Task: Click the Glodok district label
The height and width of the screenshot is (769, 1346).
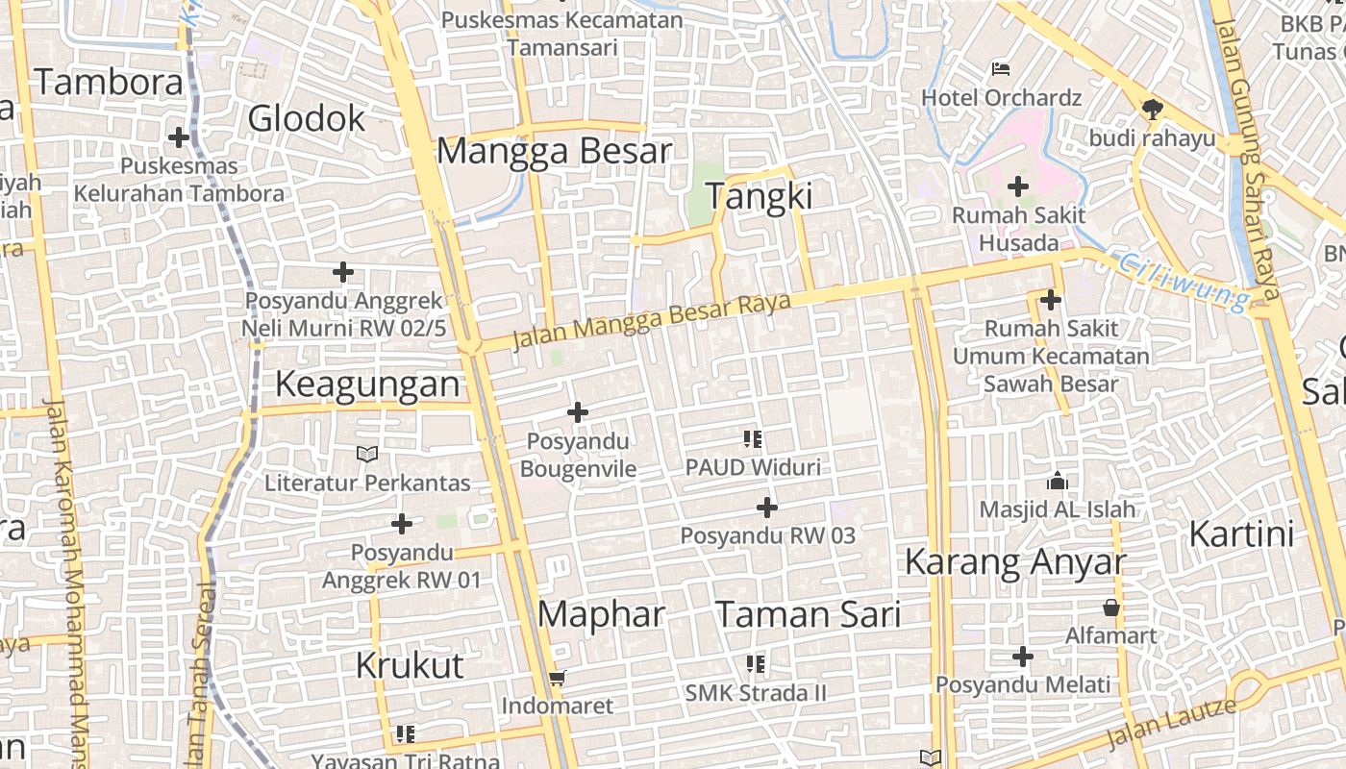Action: click(307, 118)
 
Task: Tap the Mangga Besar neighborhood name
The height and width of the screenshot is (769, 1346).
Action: click(554, 151)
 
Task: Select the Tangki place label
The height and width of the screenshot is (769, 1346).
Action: click(760, 196)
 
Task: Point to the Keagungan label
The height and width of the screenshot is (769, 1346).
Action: click(367, 384)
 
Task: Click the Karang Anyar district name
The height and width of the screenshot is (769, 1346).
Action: click(1014, 561)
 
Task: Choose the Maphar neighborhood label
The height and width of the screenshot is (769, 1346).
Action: click(601, 614)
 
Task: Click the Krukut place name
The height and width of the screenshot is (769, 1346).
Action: click(410, 665)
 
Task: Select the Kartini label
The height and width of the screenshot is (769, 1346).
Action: click(1241, 533)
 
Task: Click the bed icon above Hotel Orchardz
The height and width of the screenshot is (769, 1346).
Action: click(1001, 69)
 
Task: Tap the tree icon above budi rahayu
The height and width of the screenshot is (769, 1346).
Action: click(1152, 110)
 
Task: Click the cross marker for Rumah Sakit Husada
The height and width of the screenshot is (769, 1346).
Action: click(1017, 186)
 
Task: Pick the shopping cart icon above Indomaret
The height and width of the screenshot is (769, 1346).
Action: click(557, 679)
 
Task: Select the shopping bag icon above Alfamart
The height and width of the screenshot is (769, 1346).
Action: click(1111, 608)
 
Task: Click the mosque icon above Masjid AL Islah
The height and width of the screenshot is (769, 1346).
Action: click(1058, 481)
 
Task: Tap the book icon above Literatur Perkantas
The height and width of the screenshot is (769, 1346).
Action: click(367, 454)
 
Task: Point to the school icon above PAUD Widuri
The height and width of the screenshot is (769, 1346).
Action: click(753, 439)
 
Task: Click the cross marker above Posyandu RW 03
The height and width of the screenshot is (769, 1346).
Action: click(767, 508)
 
